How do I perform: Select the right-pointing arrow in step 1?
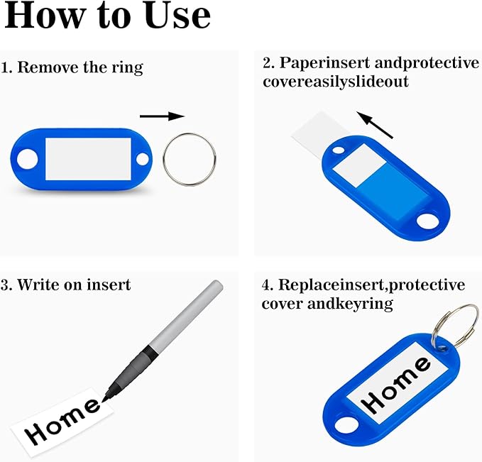[x=163, y=116]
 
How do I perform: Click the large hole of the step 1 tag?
[x=28, y=159]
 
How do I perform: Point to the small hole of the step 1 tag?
[x=142, y=159]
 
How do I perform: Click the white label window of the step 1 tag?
[x=88, y=159]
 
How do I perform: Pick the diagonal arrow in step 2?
[x=375, y=125]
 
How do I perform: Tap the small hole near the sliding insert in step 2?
[x=339, y=150]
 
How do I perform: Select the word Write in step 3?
[x=38, y=285]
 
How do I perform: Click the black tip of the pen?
[x=105, y=398]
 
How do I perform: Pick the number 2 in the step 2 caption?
[x=268, y=63]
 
